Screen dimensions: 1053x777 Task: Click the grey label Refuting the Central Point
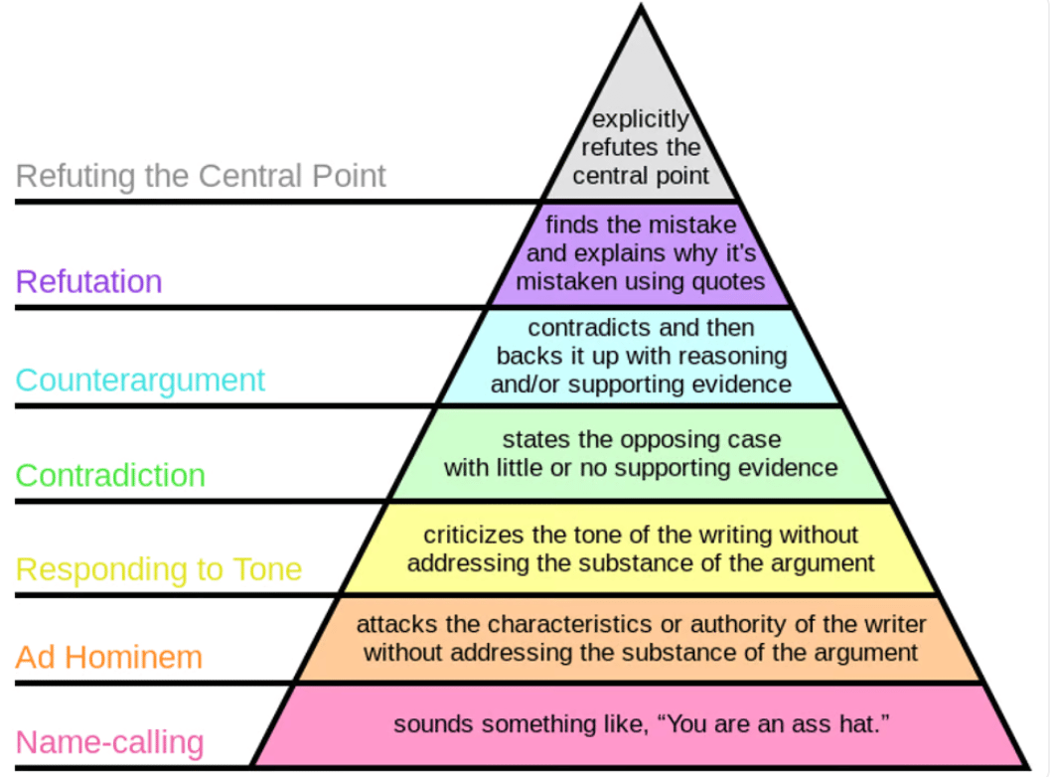[x=200, y=176]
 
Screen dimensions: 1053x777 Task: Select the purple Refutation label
[x=88, y=281]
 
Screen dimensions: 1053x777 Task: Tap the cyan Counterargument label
[x=140, y=381]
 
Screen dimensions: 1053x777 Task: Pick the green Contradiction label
[x=110, y=476]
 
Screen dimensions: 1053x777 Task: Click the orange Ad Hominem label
[x=109, y=657]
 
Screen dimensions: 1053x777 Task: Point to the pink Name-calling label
[x=109, y=743]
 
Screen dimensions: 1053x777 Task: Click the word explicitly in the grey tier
[x=640, y=119]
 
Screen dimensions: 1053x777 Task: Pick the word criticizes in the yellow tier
[x=474, y=535]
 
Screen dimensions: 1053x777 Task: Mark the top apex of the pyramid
[x=641, y=4]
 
